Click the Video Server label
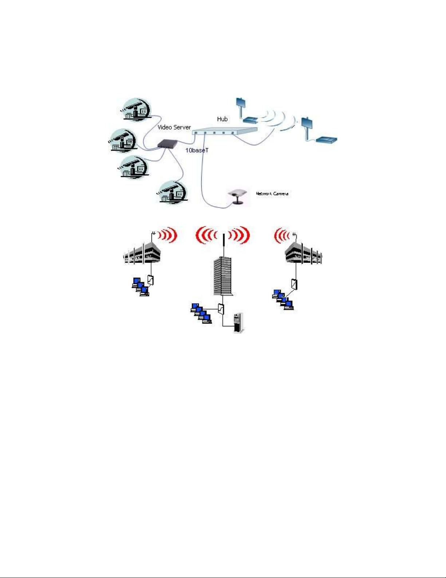point(174,127)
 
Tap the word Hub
point(222,119)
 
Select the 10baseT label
point(197,150)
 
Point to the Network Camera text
point(272,193)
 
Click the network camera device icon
point(237,197)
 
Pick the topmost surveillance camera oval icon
point(137,109)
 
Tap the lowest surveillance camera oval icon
point(173,192)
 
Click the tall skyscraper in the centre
point(222,275)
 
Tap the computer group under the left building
point(140,287)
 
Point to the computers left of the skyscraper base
point(201,313)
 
